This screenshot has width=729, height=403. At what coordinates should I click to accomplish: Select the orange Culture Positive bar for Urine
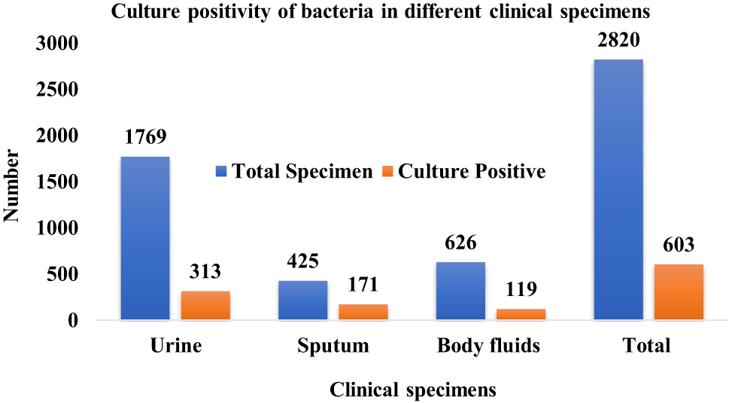point(205,305)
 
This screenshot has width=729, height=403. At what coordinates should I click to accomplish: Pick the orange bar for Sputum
point(363,312)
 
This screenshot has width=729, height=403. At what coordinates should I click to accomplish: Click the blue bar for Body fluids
point(460,291)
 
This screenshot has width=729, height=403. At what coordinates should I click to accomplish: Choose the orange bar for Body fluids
point(521,314)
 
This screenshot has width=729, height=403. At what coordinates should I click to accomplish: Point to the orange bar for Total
point(679,292)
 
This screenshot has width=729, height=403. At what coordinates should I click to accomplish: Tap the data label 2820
point(618,40)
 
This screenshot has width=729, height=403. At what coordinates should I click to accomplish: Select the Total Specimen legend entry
point(293,172)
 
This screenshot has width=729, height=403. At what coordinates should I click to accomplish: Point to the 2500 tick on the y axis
point(58,90)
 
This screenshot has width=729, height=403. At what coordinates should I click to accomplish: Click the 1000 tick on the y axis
point(58,228)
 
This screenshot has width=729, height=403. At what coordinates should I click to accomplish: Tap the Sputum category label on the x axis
point(333,347)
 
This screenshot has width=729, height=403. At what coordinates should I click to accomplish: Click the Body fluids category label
point(489,347)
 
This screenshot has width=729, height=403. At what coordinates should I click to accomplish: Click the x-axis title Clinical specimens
point(413,389)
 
